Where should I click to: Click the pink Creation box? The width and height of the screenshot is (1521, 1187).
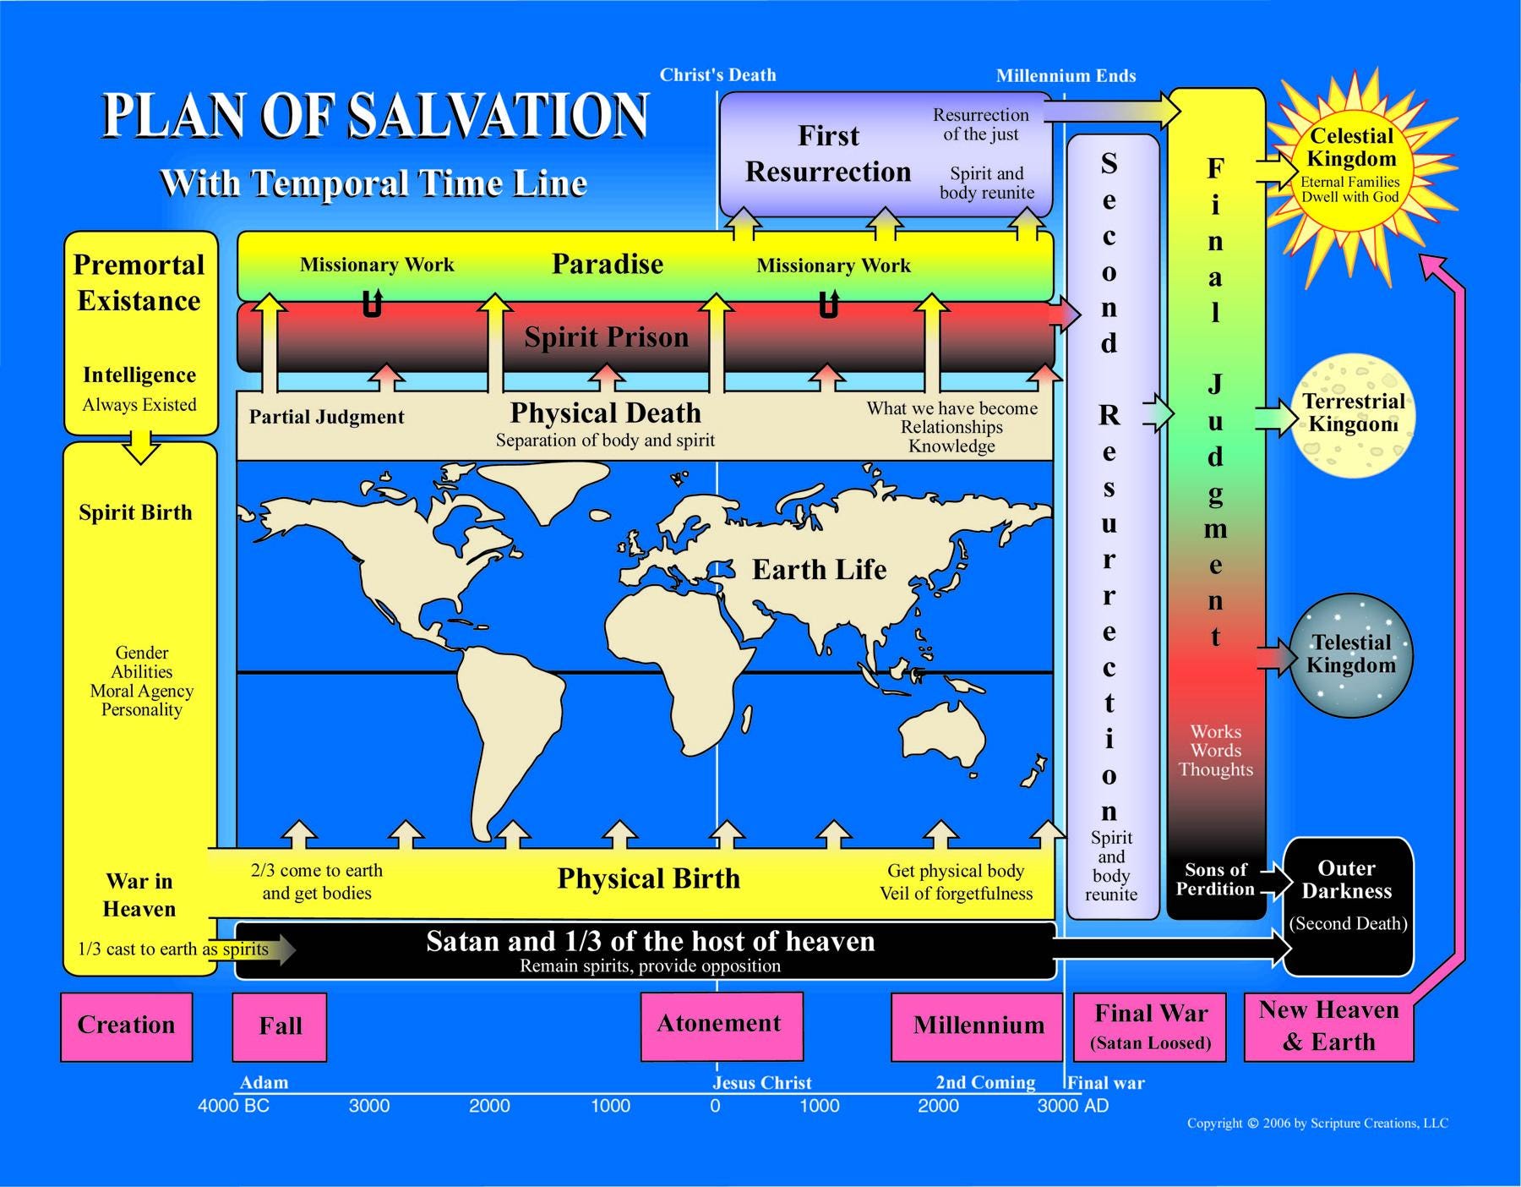click(x=127, y=1026)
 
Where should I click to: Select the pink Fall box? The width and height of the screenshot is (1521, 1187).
click(x=280, y=1027)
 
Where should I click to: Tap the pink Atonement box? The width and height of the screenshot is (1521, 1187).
click(x=721, y=1026)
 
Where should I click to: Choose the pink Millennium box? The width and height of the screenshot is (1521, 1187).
click(x=977, y=1026)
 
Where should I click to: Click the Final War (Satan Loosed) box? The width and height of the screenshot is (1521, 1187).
click(x=1150, y=1026)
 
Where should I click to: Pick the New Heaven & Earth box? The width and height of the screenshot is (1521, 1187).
click(x=1328, y=1026)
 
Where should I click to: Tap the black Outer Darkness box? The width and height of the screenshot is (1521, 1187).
click(x=1348, y=905)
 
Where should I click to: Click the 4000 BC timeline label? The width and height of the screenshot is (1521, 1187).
click(x=233, y=1106)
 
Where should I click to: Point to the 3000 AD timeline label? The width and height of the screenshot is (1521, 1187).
click(x=1072, y=1106)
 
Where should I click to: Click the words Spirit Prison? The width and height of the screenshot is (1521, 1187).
click(x=606, y=337)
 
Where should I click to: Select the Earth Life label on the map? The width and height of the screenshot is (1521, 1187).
click(x=819, y=570)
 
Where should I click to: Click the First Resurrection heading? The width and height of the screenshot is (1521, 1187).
click(x=828, y=154)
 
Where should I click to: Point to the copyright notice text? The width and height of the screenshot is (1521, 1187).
click(x=1317, y=1124)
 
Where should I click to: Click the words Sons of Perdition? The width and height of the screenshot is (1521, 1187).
click(x=1215, y=879)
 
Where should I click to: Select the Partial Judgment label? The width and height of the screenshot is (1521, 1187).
click(x=326, y=417)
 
